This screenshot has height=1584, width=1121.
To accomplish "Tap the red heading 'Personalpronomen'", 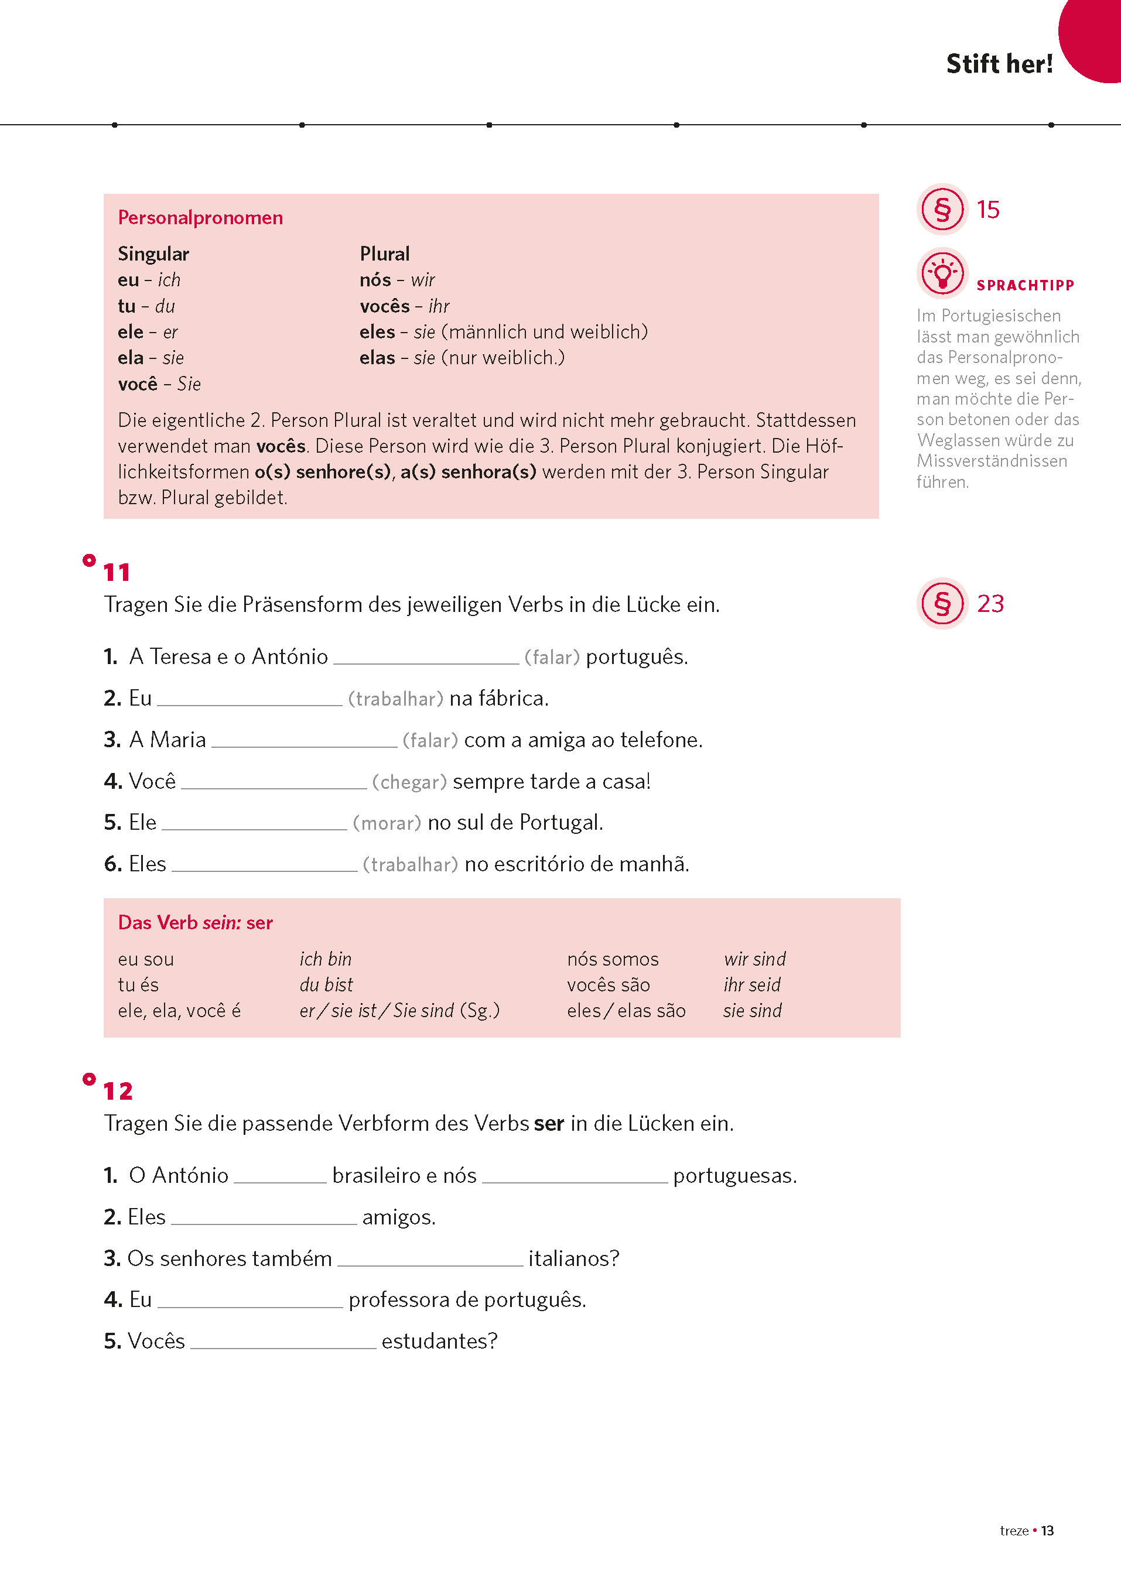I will point(200,217).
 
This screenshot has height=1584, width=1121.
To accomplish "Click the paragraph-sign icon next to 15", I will point(942,209).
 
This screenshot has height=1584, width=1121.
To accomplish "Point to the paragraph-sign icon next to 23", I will point(942,603).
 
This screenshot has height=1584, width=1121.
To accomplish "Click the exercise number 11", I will point(117,572).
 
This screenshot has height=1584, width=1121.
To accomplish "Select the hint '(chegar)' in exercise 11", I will point(409,782).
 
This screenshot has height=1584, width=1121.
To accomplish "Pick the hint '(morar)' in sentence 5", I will point(387,823).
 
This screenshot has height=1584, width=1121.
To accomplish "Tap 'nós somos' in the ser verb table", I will point(612,959).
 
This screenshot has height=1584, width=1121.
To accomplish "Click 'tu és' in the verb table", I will point(138,985).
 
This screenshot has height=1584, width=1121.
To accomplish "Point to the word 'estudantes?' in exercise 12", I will point(439,1341).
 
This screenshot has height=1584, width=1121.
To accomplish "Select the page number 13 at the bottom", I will point(1047,1531).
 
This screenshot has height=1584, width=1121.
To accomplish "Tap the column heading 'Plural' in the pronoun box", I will point(384,254).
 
